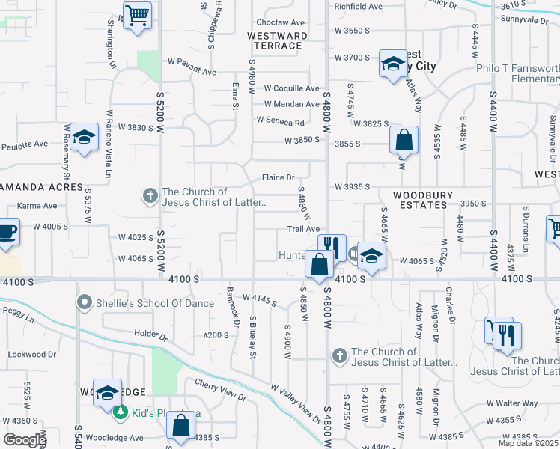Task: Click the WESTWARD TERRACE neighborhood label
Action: [276, 40]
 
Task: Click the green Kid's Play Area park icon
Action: [120, 412]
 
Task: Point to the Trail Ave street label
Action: [304, 229]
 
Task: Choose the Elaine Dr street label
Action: [278, 177]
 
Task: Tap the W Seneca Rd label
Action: [280, 121]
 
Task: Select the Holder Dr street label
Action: [148, 332]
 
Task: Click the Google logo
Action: [25, 440]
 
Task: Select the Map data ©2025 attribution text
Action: [529, 443]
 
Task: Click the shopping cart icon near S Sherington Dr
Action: [137, 15]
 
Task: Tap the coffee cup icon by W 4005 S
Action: [6, 231]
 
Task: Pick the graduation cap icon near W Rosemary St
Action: [85, 138]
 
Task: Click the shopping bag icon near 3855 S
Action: [404, 140]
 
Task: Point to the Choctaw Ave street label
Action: [281, 23]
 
